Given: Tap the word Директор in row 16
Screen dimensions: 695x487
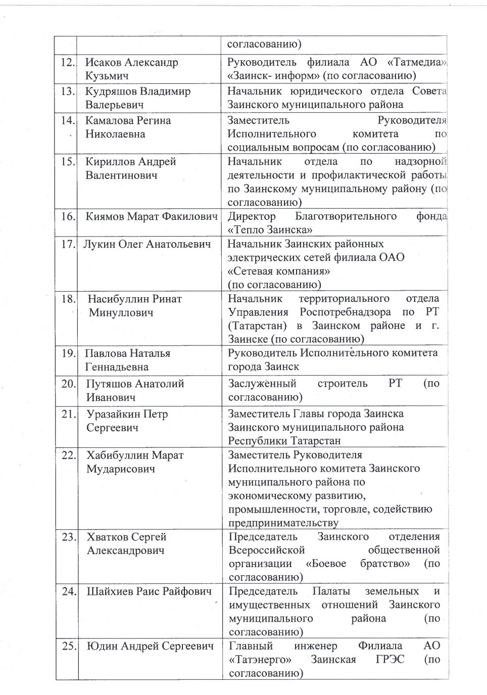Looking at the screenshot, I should [x=252, y=216].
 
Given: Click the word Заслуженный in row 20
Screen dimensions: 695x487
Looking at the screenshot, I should [x=262, y=383].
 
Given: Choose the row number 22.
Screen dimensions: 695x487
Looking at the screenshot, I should [x=69, y=455].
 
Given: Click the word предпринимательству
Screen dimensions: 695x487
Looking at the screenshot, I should [x=283, y=523].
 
